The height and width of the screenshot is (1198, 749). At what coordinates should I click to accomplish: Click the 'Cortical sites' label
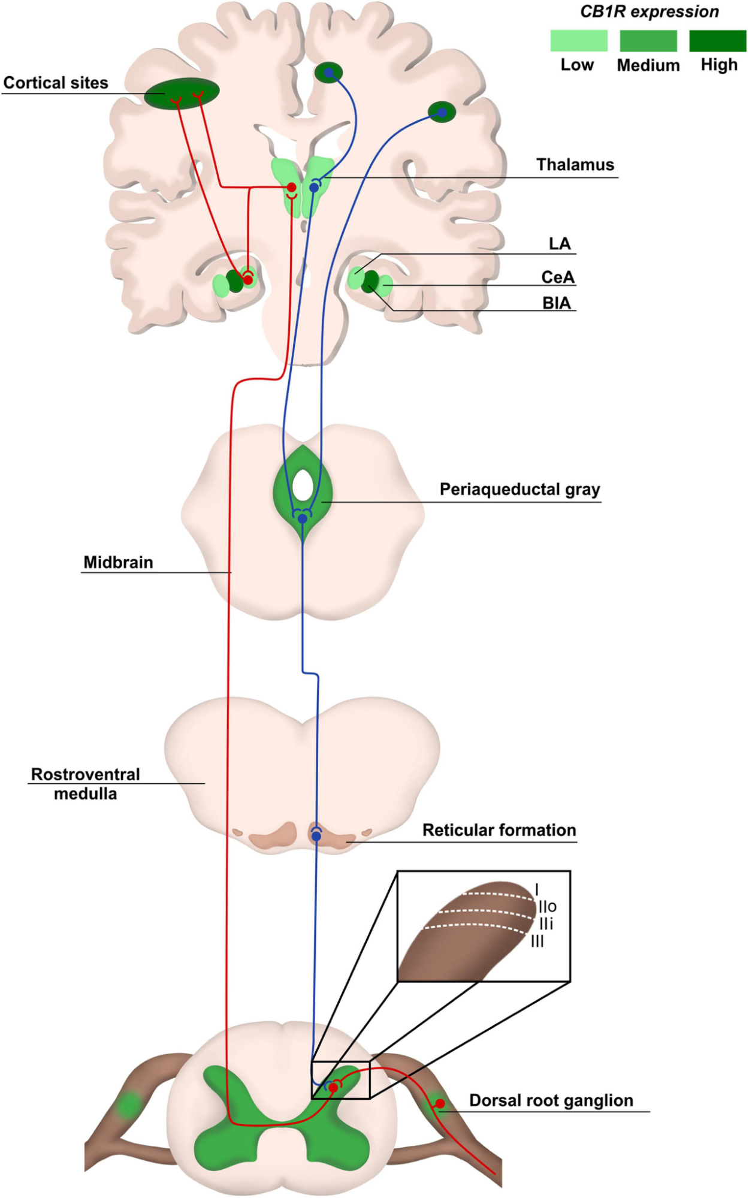click(56, 83)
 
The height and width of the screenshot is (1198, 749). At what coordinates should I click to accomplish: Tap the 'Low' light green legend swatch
click(578, 41)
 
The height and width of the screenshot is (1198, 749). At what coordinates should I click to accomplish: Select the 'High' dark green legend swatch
click(717, 41)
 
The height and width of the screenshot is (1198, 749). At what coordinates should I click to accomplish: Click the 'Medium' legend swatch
click(648, 41)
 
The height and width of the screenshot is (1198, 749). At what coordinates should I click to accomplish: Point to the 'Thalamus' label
click(575, 165)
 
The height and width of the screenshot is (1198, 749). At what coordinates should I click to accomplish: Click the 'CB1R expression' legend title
click(649, 11)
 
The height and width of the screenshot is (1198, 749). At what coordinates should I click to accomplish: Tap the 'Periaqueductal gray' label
click(520, 490)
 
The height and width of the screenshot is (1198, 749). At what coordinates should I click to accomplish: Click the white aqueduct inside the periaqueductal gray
click(303, 485)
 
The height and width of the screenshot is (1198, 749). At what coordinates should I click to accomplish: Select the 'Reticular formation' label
click(499, 830)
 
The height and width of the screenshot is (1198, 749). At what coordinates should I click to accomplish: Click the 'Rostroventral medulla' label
click(85, 784)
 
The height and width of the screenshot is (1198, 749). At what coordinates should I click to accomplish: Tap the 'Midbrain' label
click(118, 562)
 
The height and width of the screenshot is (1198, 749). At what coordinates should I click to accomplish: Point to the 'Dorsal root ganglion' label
click(551, 1100)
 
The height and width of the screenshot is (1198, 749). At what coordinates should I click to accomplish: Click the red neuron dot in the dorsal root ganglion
click(440, 1103)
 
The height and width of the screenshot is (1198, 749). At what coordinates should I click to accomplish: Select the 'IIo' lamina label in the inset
click(548, 906)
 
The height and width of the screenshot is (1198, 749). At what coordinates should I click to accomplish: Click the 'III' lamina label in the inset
click(537, 941)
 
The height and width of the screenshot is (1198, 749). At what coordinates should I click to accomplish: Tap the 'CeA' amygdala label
click(557, 277)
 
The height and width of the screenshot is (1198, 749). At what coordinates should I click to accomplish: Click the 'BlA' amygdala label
click(556, 303)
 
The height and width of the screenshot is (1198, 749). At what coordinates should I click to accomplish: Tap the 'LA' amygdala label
click(559, 244)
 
